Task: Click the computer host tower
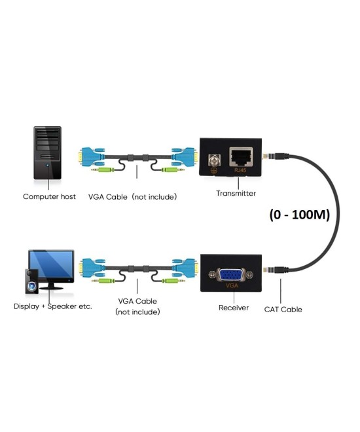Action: [x=47, y=154]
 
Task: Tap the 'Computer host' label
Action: [x=49, y=196]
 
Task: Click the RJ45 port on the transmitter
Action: [x=240, y=157]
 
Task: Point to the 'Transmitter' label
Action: [x=236, y=193]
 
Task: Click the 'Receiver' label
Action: [x=232, y=308]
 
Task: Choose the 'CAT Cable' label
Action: [x=283, y=309]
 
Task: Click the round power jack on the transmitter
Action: [x=212, y=160]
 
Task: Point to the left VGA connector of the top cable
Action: [x=90, y=157]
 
